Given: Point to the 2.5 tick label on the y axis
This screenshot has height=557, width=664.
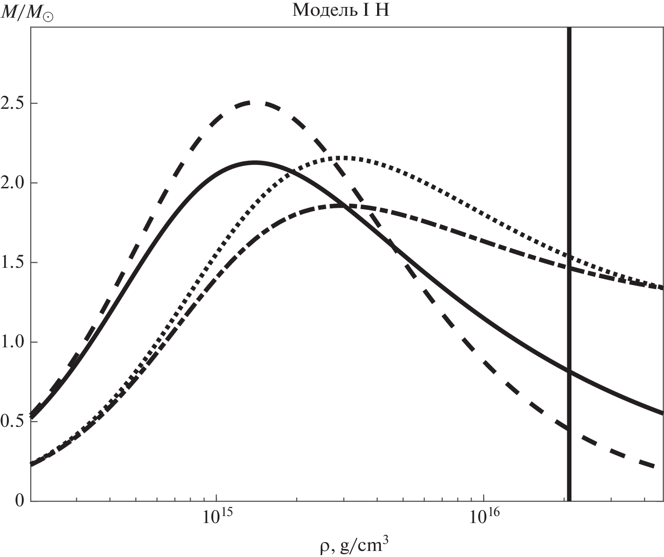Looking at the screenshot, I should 13,103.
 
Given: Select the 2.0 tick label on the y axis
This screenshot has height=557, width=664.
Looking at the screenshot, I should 13,183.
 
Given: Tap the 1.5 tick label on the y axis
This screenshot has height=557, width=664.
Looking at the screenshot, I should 13,263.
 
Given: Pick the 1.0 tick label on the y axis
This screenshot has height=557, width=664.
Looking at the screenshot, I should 13,343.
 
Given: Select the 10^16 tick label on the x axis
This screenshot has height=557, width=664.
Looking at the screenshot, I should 484,517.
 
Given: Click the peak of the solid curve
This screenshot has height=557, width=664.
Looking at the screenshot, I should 255,162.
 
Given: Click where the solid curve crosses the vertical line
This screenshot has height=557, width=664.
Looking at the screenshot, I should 569,371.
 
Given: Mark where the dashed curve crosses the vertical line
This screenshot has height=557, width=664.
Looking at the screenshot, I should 569,428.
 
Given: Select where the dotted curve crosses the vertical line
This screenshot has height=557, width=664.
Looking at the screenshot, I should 569,257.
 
